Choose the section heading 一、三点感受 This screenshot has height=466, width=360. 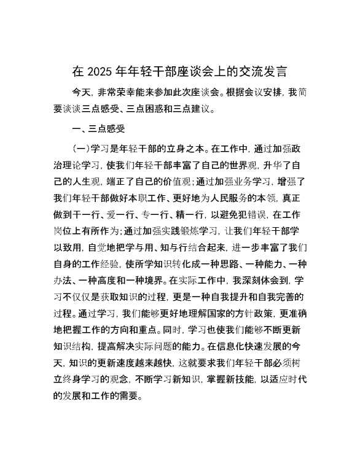point(99,129)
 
